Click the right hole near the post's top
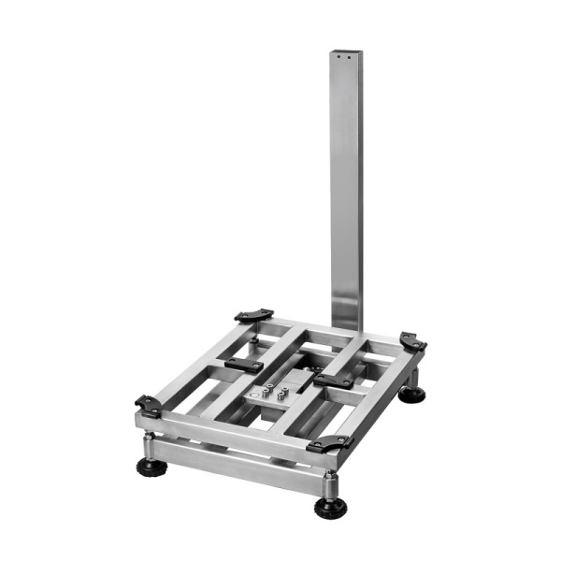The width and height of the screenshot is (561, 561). pyautogui.click(x=350, y=58)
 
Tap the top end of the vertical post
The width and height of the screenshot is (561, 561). pyautogui.click(x=345, y=51)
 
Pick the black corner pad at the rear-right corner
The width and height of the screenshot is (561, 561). pyautogui.click(x=412, y=342)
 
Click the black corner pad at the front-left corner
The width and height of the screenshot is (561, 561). pyautogui.click(x=148, y=406)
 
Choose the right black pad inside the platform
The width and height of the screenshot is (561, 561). pyautogui.click(x=333, y=380)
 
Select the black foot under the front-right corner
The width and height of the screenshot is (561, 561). pyautogui.click(x=329, y=508)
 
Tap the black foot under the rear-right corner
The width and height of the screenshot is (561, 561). pyautogui.click(x=411, y=394)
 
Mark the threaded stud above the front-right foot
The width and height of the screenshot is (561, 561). pyautogui.click(x=329, y=483)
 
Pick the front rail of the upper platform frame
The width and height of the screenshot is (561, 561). pyautogui.click(x=234, y=432)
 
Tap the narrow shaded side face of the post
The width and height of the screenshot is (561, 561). pyautogui.click(x=358, y=187)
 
